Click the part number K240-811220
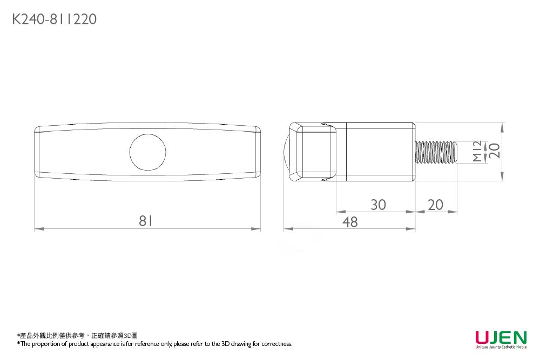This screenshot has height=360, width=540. pos(55,19)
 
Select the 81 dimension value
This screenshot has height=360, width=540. pos(146,221)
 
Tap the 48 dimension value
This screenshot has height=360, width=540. pos(350,222)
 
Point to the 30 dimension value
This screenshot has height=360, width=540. pos(378,205)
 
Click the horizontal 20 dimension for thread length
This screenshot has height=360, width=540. pos(436,205)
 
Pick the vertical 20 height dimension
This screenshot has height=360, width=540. pos(494,151)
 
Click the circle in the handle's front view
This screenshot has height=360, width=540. pos(148,134)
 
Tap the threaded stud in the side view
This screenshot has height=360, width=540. pos(436,152)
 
